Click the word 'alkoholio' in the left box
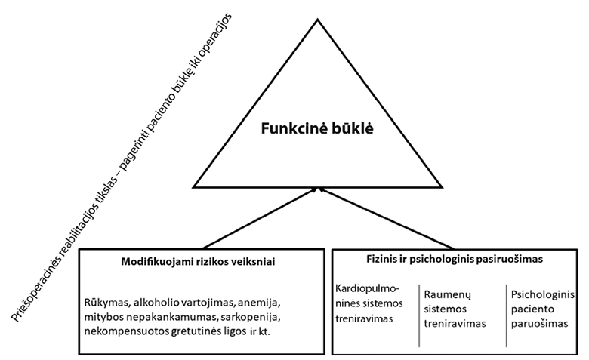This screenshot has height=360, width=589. pyautogui.click(x=156, y=303)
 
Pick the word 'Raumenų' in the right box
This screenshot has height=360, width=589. pyautogui.click(x=444, y=295)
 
